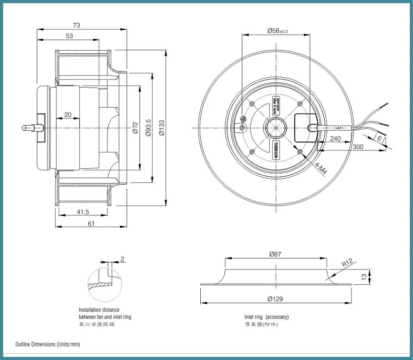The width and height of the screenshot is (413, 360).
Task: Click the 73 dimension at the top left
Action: [x=76, y=25]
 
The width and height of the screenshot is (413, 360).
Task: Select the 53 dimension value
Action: [x=69, y=36]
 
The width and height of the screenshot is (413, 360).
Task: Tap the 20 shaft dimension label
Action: [x=68, y=114]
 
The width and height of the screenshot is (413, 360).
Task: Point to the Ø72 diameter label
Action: [x=135, y=128]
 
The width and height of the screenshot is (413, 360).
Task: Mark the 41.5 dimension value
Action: [x=83, y=212]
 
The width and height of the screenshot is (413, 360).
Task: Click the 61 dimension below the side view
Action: [x=91, y=224]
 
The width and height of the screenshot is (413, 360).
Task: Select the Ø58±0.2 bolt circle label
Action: [x=277, y=31]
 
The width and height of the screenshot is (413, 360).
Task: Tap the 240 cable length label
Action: [x=335, y=138]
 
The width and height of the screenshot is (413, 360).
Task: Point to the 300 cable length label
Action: [x=358, y=147]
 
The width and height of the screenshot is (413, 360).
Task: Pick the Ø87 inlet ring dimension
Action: [x=275, y=255]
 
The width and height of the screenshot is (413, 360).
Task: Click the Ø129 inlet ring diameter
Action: [x=275, y=299]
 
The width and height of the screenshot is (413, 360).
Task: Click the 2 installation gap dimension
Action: [x=122, y=259]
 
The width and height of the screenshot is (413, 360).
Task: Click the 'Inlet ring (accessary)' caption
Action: [x=266, y=317]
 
